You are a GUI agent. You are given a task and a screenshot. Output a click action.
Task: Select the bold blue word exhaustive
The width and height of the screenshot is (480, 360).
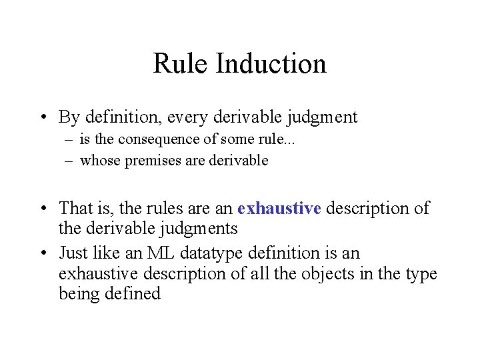tap(279, 209)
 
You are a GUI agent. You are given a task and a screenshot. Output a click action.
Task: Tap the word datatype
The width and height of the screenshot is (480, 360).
tap(218, 253)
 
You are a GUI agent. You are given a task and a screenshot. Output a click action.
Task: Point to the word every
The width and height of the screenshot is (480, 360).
tap(190, 118)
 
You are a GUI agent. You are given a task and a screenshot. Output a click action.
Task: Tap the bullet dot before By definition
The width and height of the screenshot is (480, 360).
tap(43, 118)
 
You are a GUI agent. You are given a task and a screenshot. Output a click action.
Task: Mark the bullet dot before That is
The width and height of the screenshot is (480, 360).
tap(43, 209)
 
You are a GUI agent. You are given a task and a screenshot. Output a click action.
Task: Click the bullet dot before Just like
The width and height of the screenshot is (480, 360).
tap(43, 253)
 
